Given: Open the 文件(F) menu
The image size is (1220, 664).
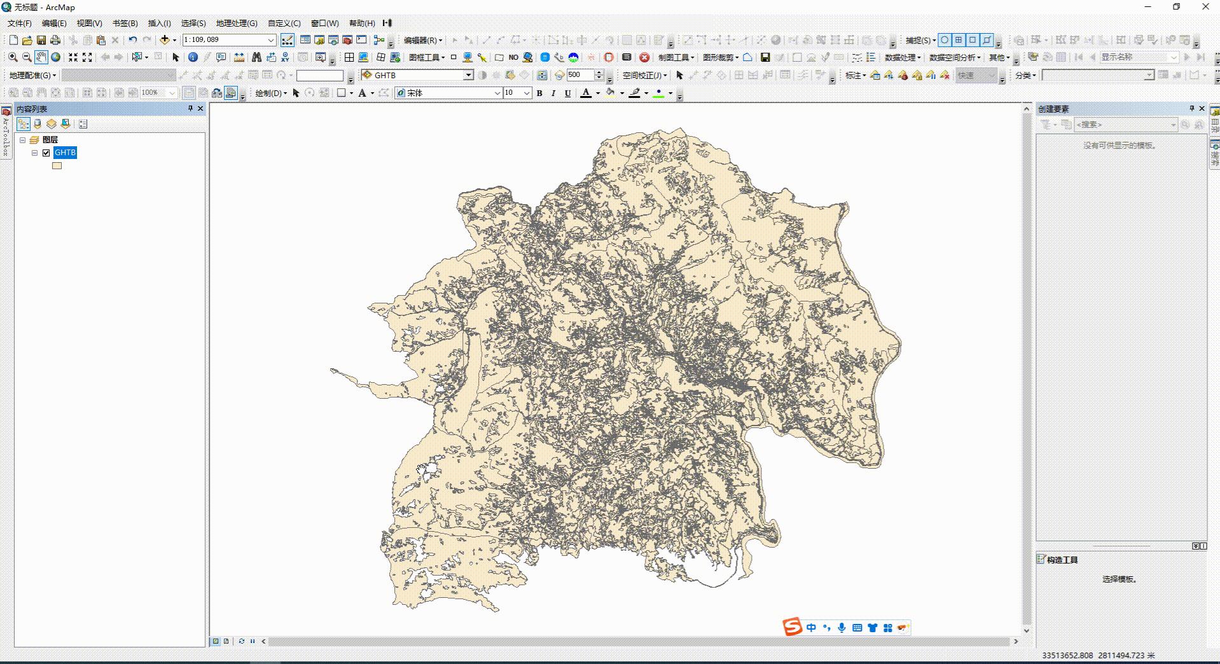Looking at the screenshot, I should point(19,23).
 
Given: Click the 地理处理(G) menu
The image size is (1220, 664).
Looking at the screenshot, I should point(236,23).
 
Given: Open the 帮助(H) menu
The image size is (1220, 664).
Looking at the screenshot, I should point(361,23).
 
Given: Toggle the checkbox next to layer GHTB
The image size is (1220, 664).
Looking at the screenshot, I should point(46,153).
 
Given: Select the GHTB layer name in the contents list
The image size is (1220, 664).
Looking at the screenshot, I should point(65,153).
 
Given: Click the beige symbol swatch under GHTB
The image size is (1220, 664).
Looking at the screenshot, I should point(57,166).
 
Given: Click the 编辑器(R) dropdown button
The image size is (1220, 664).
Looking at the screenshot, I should point(423,40).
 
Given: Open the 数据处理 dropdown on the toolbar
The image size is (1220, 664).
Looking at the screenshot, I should point(902,57).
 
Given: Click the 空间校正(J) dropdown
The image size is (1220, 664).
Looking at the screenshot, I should point(644,75).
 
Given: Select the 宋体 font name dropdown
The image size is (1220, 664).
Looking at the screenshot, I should point(448,93).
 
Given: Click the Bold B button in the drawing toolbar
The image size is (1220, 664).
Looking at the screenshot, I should point(539,93).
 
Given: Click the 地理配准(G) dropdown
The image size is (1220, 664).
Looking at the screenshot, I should point(32,75).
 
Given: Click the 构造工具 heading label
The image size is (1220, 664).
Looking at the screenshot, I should point(1062,560).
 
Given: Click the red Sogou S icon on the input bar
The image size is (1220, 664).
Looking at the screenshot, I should point(792,627).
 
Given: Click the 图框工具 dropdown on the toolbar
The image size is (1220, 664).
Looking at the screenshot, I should point(426,57).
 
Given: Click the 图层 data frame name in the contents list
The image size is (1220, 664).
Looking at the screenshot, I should point(50,139).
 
